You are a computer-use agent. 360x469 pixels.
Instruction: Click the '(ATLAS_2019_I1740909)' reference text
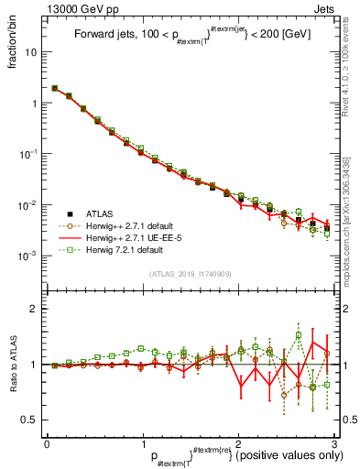[x=191, y=275]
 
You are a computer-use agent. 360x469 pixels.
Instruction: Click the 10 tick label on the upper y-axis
[x=33, y=52]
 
